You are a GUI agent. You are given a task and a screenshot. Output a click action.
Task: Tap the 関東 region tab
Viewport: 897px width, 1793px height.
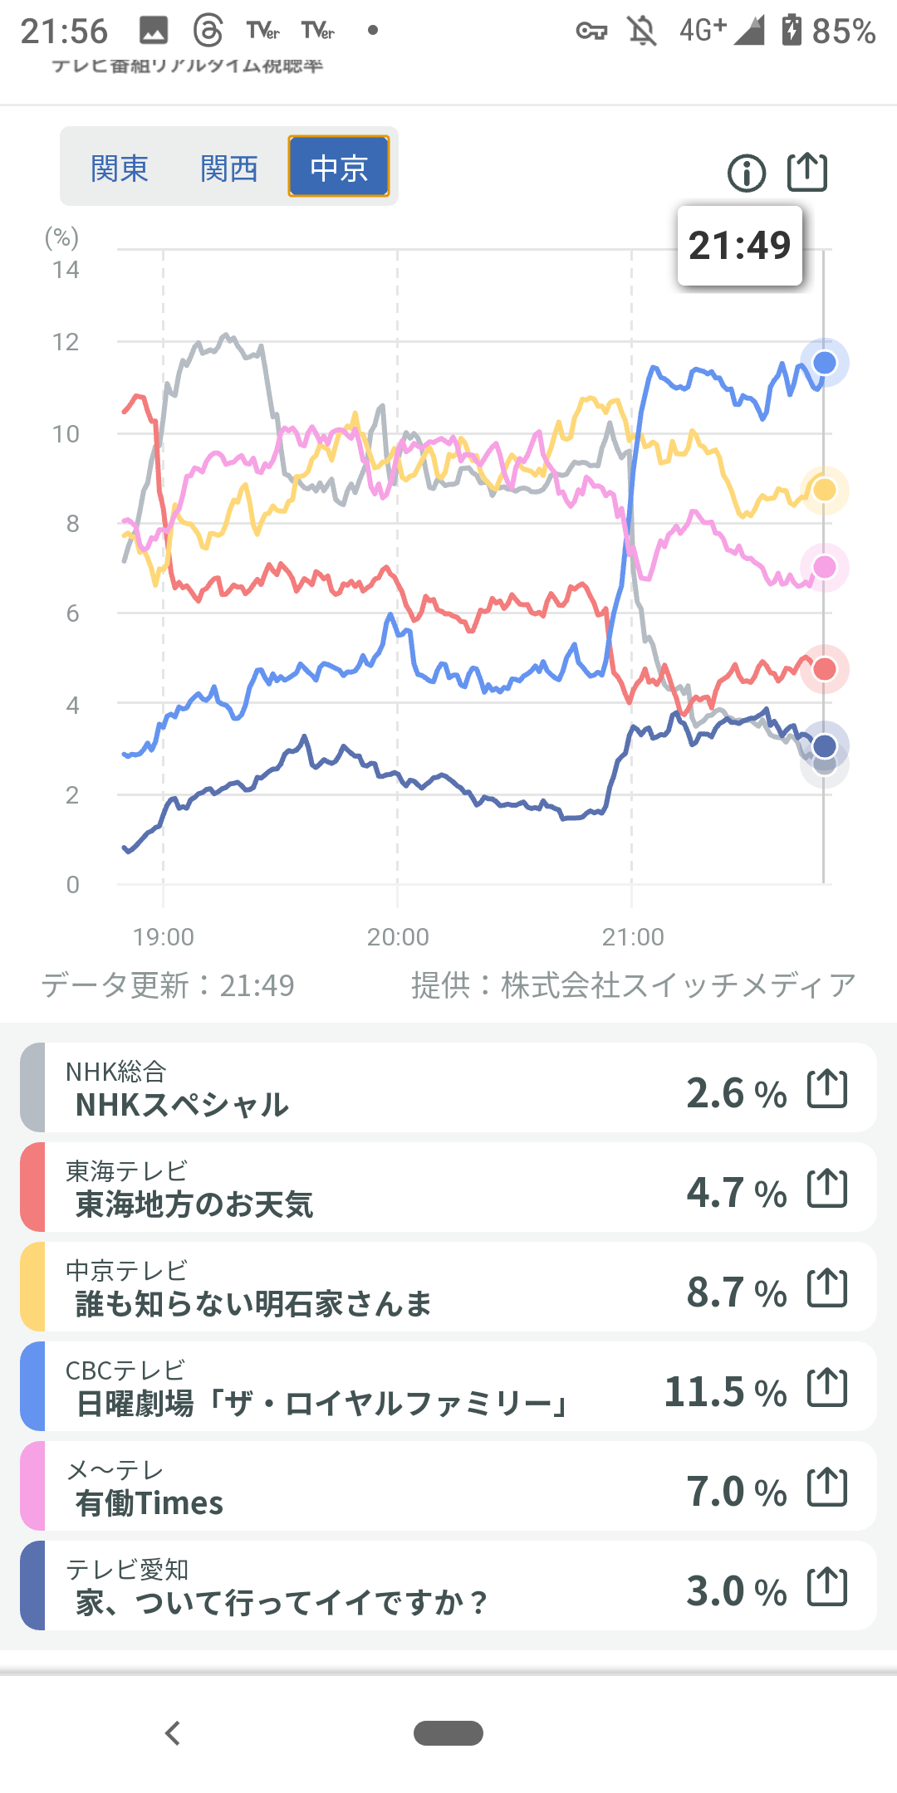click(x=119, y=169)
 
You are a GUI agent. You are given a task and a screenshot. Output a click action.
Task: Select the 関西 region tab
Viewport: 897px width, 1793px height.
click(x=229, y=169)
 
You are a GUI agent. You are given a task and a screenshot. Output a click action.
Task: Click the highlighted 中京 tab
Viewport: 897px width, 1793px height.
click(x=339, y=167)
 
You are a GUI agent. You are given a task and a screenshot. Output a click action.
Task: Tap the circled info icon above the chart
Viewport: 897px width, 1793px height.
click(x=746, y=173)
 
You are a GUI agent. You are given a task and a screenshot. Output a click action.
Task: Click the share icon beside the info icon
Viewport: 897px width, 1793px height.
click(x=806, y=172)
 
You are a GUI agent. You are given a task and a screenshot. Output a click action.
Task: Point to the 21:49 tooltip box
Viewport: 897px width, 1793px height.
click(x=740, y=246)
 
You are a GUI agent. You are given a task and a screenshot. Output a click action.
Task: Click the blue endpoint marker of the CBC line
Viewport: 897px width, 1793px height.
click(x=824, y=363)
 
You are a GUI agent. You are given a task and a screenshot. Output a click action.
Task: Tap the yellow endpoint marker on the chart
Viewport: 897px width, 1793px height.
click(x=824, y=490)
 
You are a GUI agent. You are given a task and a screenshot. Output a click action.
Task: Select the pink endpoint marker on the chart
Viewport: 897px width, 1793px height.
click(x=824, y=567)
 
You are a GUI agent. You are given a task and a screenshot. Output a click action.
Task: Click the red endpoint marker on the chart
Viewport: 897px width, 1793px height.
click(x=824, y=669)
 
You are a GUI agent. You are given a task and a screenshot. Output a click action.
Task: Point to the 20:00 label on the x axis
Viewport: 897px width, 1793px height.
click(x=398, y=937)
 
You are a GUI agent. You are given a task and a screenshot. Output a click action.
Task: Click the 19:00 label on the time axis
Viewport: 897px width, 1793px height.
click(x=164, y=937)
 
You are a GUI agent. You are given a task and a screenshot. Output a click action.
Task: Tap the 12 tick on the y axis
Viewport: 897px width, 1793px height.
click(x=66, y=342)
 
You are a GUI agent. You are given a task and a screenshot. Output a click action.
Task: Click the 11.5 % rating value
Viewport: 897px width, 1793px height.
click(x=725, y=1391)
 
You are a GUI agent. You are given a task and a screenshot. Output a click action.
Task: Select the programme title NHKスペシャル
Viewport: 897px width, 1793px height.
click(x=182, y=1105)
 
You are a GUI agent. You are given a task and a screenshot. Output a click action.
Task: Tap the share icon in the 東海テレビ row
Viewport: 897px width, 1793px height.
click(x=827, y=1188)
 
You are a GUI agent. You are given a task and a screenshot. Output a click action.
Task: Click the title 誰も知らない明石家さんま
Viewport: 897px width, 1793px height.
click(x=253, y=1304)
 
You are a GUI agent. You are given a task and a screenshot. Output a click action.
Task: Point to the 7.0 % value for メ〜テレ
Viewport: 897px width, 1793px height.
click(x=736, y=1491)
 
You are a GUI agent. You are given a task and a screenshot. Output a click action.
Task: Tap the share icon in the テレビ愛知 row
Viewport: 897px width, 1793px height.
click(x=827, y=1586)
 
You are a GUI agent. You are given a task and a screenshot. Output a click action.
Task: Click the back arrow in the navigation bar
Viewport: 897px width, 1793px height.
click(x=173, y=1733)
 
